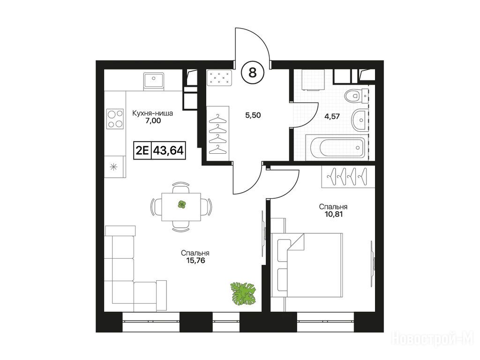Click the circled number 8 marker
coord(253,73)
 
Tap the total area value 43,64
coord(168,150)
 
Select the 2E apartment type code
coord(142,150)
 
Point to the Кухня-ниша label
coord(152,113)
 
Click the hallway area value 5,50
coord(253,115)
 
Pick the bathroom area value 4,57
coord(332,116)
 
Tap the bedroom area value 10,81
coord(334,214)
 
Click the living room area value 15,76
coord(195,261)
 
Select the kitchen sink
coord(154,81)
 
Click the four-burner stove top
coord(115,119)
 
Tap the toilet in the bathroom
coord(354,96)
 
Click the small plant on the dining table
coord(181,204)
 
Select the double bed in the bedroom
coord(307,265)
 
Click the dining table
coord(181,207)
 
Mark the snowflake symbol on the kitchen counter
coord(113,167)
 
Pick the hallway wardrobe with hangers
coord(217,134)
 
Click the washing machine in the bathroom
coord(313,80)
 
